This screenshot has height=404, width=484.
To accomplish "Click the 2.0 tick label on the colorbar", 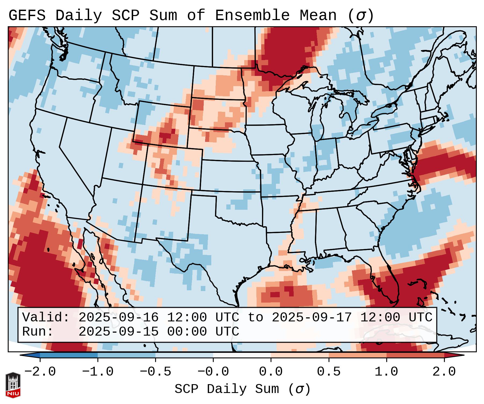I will (x=444, y=372).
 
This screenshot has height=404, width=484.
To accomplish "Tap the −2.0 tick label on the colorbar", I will (x=40, y=372).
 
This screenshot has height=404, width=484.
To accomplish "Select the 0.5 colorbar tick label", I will (x=329, y=372).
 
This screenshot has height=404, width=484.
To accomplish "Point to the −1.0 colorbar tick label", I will (x=98, y=372).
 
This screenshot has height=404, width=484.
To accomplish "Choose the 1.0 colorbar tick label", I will (x=386, y=372).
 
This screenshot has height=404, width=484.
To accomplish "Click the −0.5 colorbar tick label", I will (x=155, y=372).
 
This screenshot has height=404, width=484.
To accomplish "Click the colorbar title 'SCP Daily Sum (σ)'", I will (x=242, y=389).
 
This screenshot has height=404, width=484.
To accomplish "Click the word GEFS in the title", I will (x=27, y=16).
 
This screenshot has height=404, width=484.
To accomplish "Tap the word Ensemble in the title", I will (x=252, y=16).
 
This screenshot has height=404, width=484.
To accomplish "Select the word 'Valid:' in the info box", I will (x=46, y=317).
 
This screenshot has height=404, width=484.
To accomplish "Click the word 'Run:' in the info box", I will (x=38, y=332).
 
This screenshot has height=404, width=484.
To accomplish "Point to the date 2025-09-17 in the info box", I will (x=312, y=317).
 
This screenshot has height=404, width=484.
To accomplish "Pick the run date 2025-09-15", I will (x=118, y=332).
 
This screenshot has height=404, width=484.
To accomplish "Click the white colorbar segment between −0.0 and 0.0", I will (x=242, y=355).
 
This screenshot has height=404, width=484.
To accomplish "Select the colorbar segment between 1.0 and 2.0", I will (x=415, y=355).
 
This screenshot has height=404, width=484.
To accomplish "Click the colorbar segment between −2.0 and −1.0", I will (x=69, y=355).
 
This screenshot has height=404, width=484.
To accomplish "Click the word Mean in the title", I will (x=318, y=16).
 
